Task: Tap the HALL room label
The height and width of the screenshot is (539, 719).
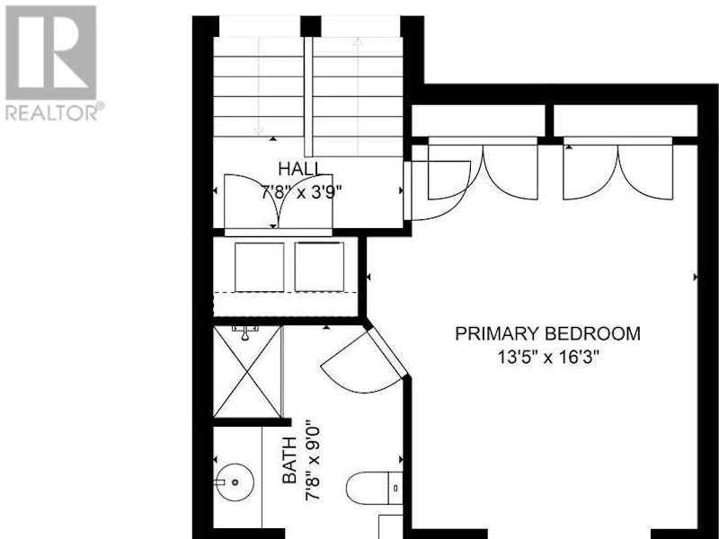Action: click(301, 169)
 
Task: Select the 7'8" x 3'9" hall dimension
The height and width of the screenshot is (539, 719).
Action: click(301, 192)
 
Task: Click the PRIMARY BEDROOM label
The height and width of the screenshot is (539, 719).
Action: click(547, 333)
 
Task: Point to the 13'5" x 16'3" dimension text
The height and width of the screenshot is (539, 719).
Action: click(548, 357)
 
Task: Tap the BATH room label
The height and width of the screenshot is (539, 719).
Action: click(289, 460)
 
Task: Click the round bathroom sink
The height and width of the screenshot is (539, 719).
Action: click(235, 482)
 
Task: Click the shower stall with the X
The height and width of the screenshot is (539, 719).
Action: click(248, 372)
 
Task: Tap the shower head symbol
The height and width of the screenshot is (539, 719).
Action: click(245, 332)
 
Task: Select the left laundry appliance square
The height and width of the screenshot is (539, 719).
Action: click(259, 267)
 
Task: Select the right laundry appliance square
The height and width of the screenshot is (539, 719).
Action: click(319, 267)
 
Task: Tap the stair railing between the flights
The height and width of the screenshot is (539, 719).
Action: click(308, 96)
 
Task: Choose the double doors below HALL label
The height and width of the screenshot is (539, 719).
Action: click(279, 200)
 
